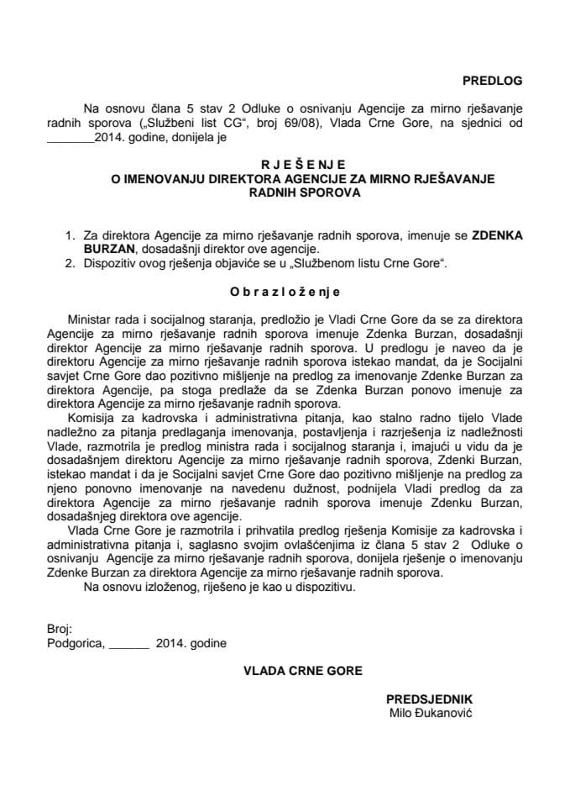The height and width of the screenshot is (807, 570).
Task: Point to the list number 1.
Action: click(70, 237)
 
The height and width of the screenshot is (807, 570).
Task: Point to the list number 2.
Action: click(70, 264)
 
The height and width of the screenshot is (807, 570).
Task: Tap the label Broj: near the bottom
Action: click(60, 628)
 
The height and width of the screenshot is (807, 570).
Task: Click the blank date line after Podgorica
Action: click(128, 644)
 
